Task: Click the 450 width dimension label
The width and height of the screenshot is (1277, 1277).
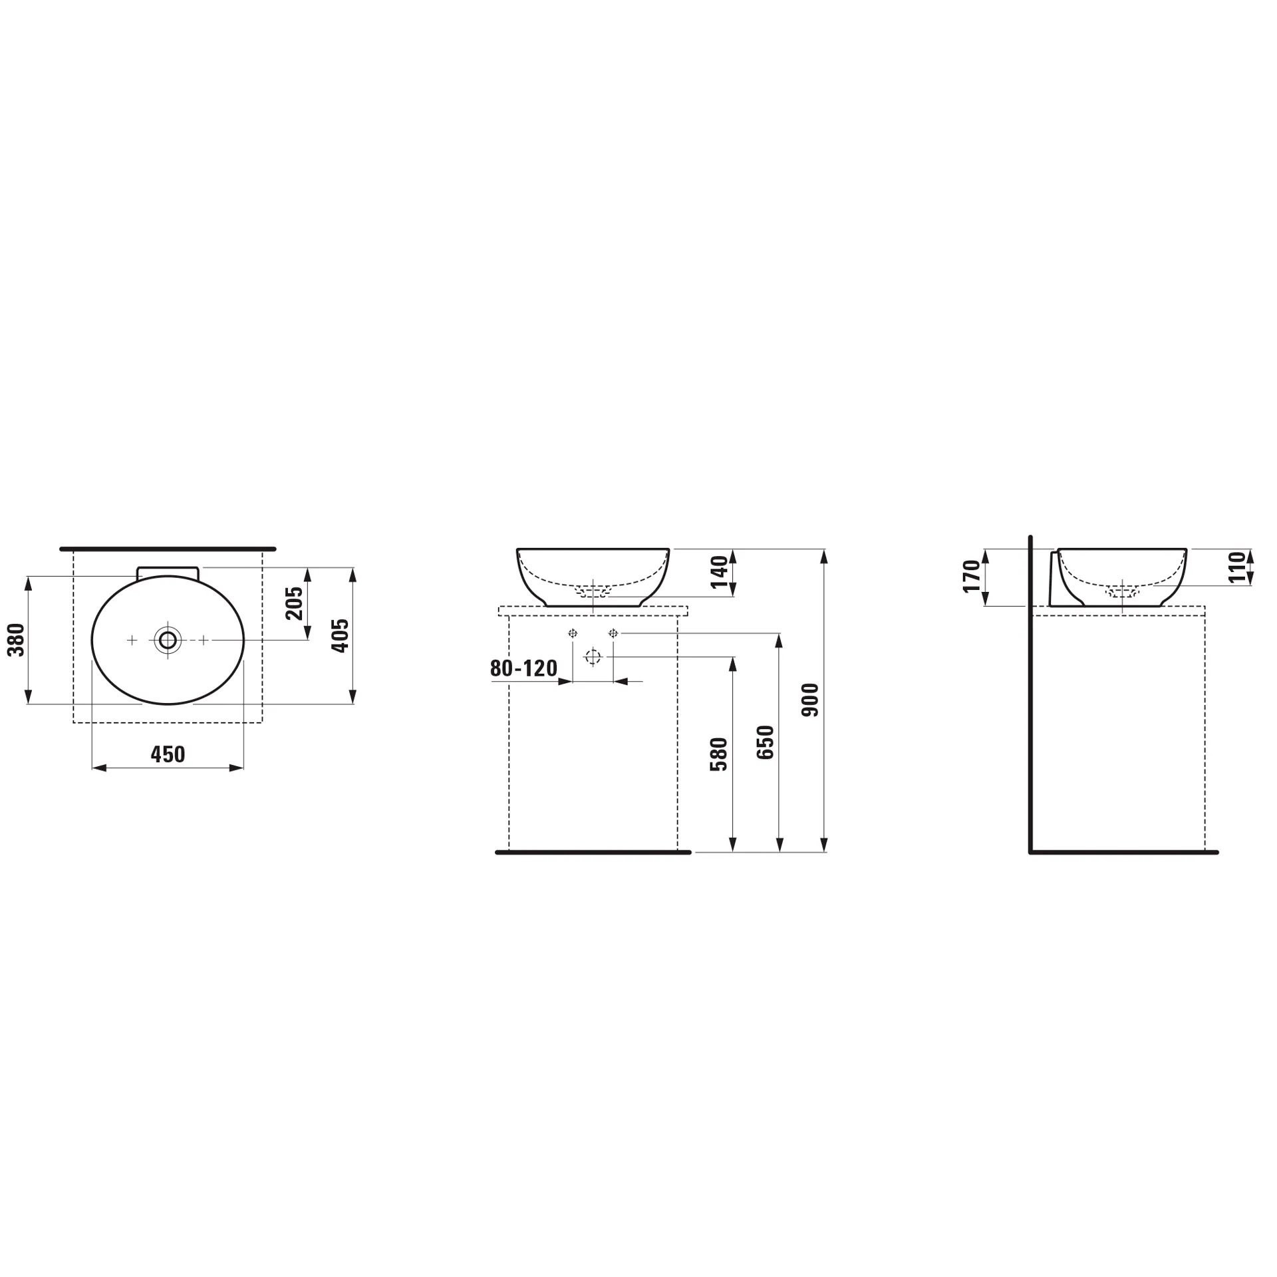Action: coord(168,754)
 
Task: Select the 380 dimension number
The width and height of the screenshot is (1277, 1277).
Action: coord(16,640)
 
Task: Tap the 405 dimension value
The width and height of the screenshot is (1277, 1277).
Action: coord(341,635)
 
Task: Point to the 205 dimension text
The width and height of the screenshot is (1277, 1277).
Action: coord(294,603)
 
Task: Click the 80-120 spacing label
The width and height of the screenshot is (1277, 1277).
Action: coord(523,668)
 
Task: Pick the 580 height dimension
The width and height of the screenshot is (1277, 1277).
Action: coord(719,754)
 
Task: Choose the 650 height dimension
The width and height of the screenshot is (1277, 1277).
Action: coord(766,742)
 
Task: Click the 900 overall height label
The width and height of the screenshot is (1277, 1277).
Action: coord(811,700)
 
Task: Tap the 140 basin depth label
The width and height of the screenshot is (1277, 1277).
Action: coord(720,572)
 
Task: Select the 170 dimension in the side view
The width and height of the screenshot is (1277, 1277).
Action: coord(972,576)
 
